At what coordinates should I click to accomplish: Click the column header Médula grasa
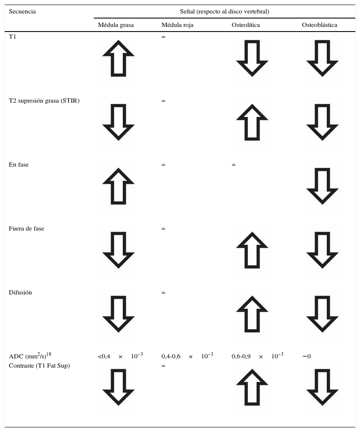[x=116, y=25]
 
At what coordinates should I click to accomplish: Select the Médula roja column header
[x=177, y=25]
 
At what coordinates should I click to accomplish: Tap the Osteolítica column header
[x=246, y=25]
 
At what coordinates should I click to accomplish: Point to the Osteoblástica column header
[x=319, y=25]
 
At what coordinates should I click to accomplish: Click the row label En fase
[x=19, y=165]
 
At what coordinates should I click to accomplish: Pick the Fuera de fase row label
[x=26, y=229]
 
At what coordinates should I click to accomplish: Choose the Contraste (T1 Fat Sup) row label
[x=39, y=366]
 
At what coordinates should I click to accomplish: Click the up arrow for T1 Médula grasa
[x=118, y=58]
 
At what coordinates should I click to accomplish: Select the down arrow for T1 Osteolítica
[x=252, y=58]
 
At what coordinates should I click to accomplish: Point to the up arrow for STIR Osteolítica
[x=252, y=122]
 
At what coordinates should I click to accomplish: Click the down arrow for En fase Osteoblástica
[x=322, y=186]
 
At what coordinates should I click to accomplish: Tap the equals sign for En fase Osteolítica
[x=233, y=165]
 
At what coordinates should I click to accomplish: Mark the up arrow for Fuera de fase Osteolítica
[x=252, y=250]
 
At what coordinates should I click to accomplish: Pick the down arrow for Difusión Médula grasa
[x=118, y=314]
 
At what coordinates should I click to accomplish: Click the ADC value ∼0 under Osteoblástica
[x=306, y=357]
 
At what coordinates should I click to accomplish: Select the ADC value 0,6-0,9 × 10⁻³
[x=257, y=356]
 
